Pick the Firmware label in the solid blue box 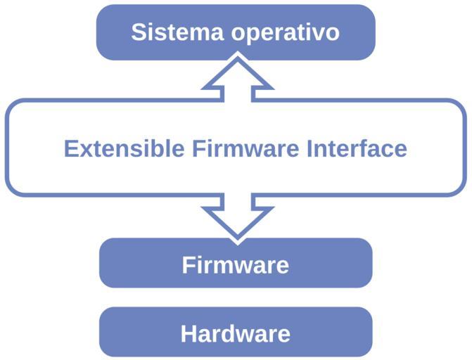235,265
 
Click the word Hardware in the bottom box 235,333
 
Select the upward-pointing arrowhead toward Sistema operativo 236,73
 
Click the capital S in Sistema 139,32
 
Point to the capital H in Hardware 189,333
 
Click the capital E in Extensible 70,148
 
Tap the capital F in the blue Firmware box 188,265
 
